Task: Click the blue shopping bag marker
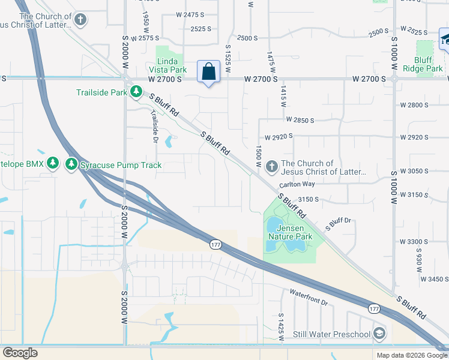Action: coord(208,71)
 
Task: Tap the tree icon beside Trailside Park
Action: coord(137,92)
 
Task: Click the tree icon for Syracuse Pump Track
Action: coord(71,164)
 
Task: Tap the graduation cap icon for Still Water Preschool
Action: coord(379,333)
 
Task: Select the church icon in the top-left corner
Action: coord(79,19)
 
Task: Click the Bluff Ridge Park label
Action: coord(428,64)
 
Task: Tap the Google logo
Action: coord(20,353)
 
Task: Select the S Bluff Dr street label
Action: coord(337,224)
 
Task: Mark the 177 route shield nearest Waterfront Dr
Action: coord(374,308)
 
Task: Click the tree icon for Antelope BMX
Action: coord(53,164)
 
